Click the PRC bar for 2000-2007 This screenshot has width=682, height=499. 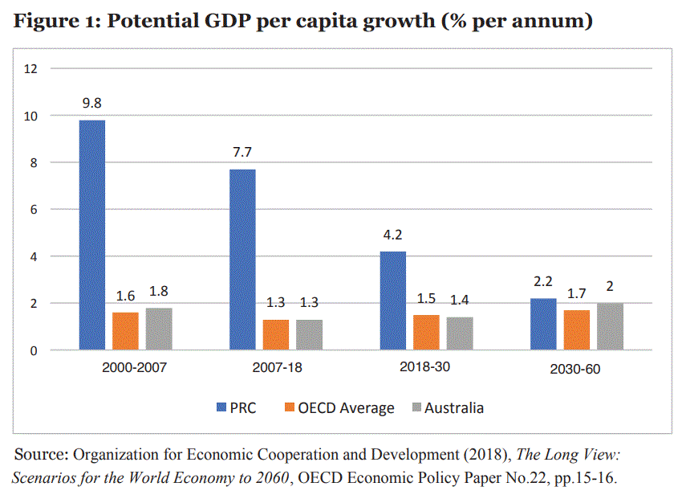click(x=91, y=235)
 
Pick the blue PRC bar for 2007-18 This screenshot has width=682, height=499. click(x=242, y=260)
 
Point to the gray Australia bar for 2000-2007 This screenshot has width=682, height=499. click(x=159, y=329)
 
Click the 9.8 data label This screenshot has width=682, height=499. click(x=91, y=104)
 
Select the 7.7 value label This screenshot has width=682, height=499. click(x=242, y=153)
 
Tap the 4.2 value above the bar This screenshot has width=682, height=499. click(x=393, y=235)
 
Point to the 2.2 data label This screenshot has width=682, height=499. click(x=543, y=282)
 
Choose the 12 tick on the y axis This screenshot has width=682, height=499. click(x=31, y=68)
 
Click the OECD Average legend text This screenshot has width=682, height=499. click(x=346, y=408)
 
